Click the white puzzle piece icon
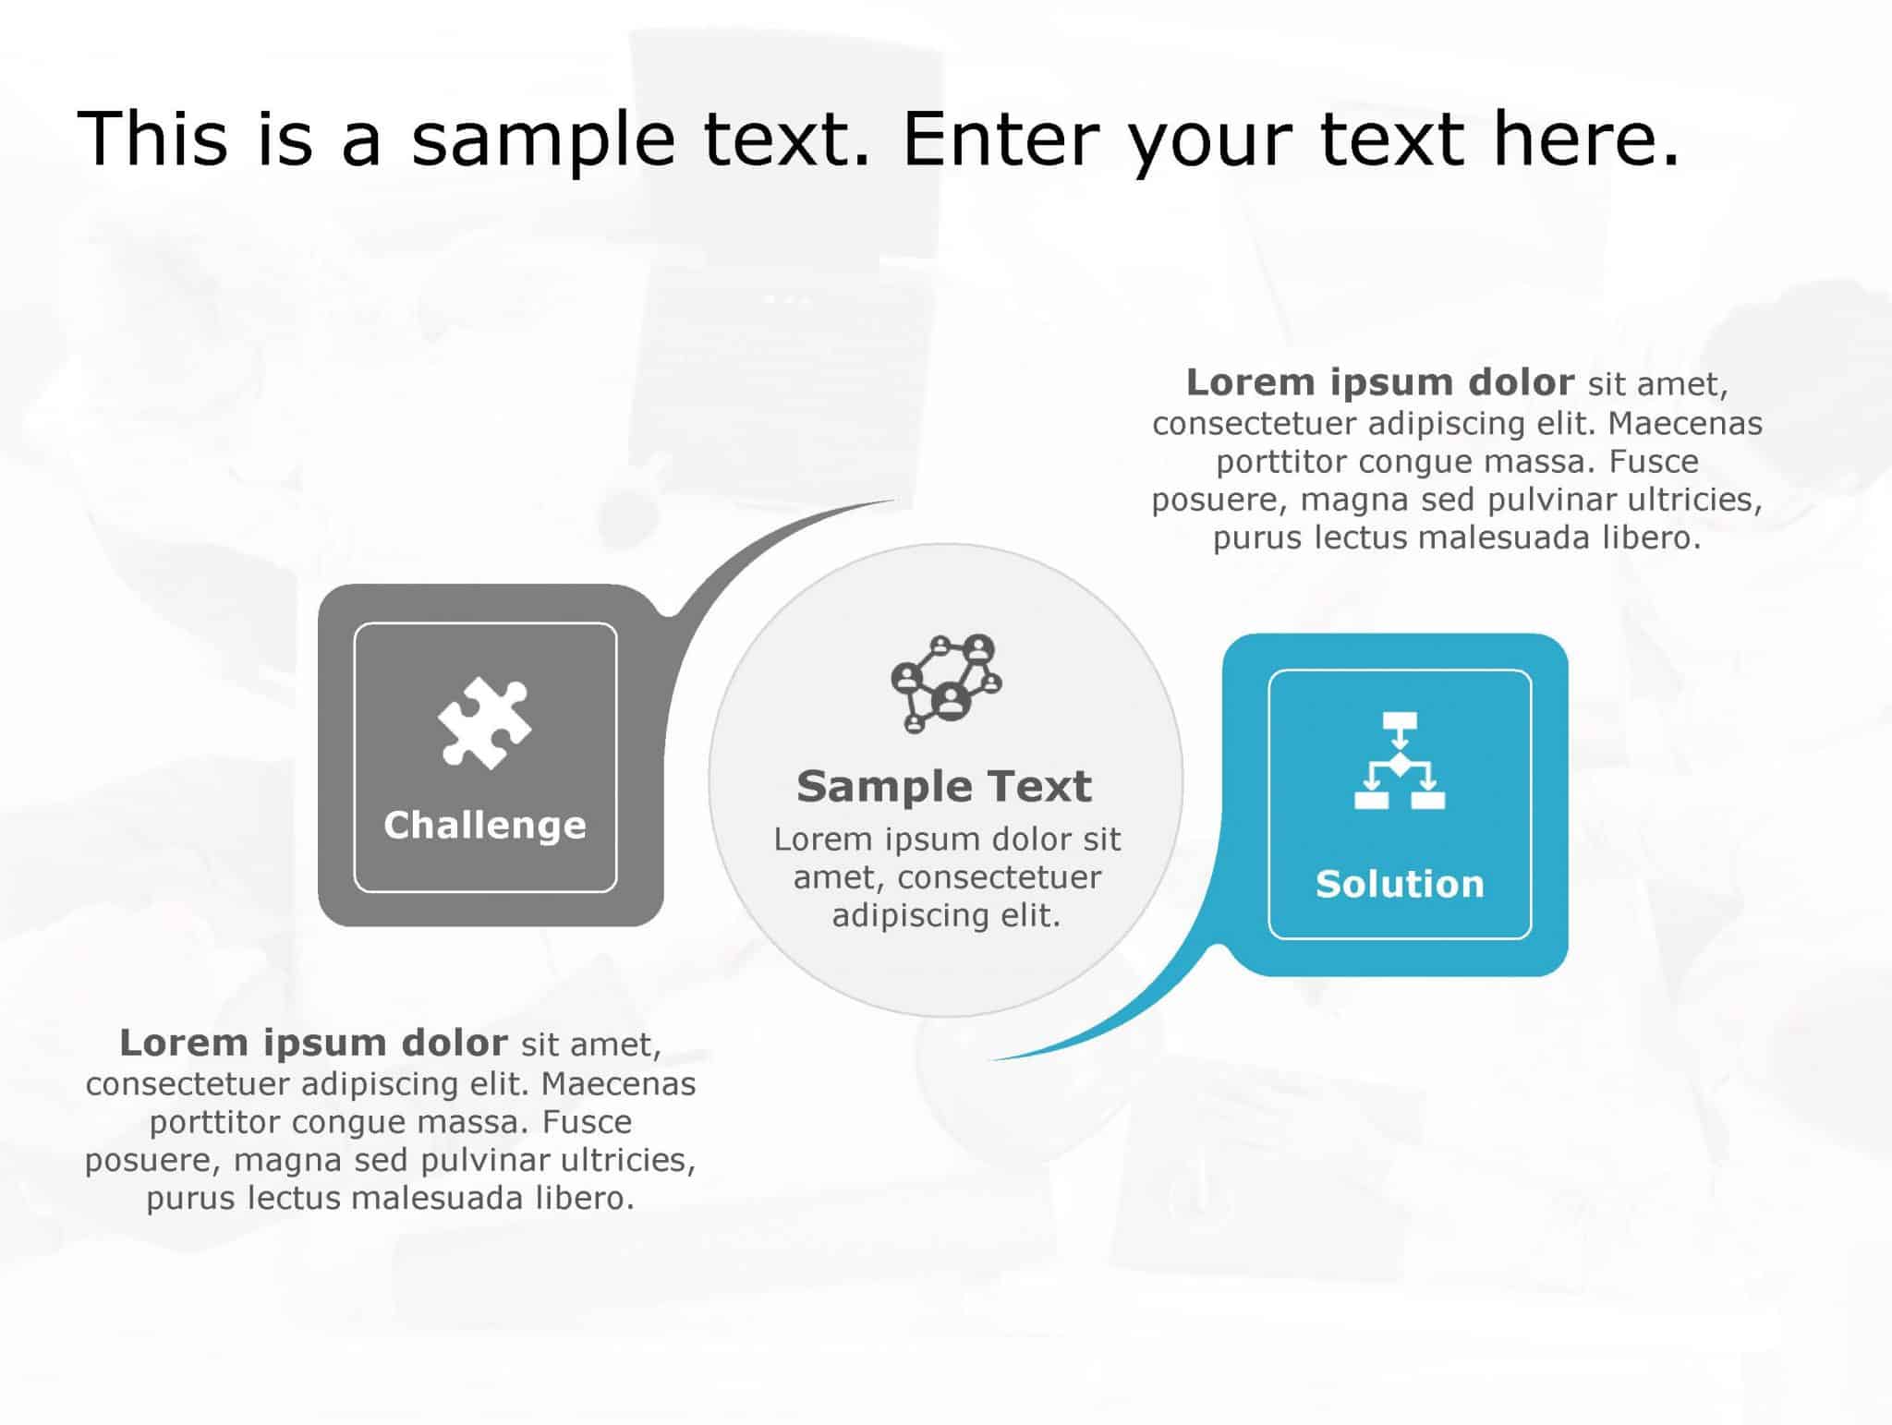point(484,723)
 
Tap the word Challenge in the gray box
point(485,825)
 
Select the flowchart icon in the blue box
point(1400,760)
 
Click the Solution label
point(1400,884)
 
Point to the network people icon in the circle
point(946,682)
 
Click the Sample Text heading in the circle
point(944,786)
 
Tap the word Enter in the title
point(1001,139)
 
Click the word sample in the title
point(542,139)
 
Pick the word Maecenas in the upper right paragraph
point(1685,423)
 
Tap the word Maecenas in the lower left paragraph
point(618,1082)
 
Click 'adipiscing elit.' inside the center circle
point(946,915)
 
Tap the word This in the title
point(152,139)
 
